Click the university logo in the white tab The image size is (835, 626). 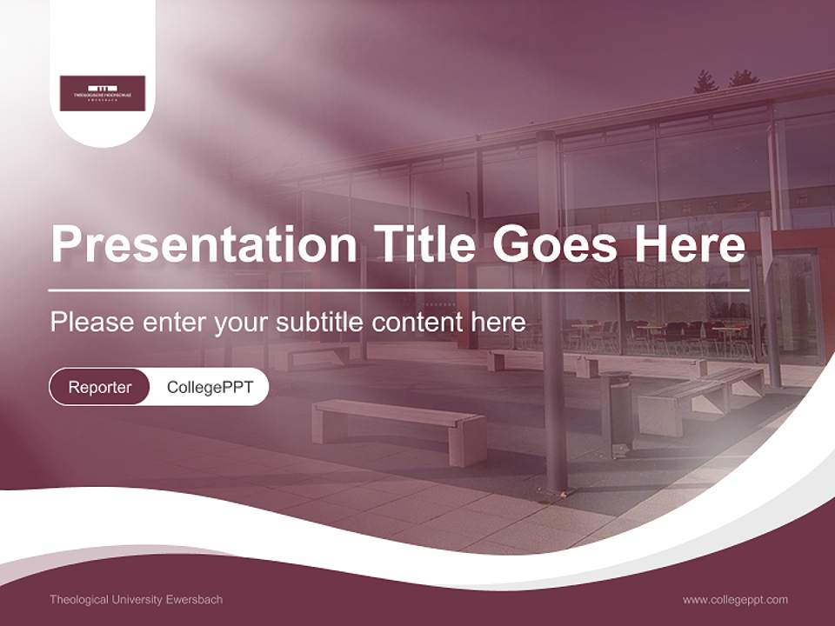(x=103, y=93)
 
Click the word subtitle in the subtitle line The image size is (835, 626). (x=320, y=323)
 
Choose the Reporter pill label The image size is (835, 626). (x=100, y=387)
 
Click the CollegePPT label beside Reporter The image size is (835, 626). (x=210, y=387)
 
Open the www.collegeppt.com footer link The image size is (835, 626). (x=735, y=600)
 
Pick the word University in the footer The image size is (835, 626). (x=130, y=600)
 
